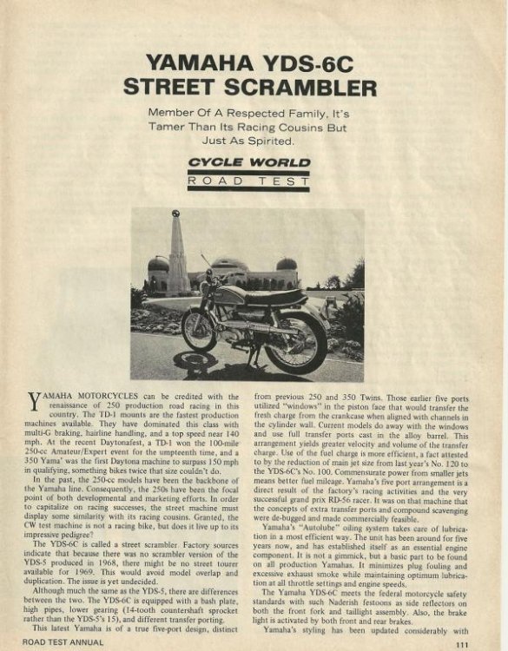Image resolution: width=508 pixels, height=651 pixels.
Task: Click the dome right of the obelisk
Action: tap(286, 264)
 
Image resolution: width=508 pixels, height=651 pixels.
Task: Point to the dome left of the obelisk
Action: tap(157, 264)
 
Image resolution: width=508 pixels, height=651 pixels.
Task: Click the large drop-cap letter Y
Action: tap(35, 401)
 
